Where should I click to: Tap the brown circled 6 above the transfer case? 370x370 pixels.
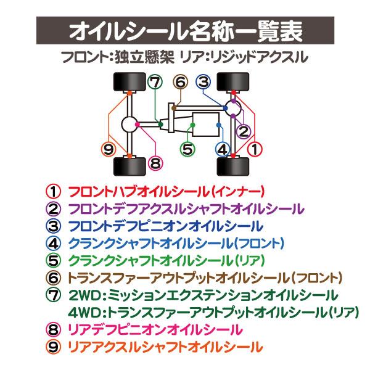(x=180, y=82)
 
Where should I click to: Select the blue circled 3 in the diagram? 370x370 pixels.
(x=204, y=82)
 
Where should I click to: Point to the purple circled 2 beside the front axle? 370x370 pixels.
(x=244, y=131)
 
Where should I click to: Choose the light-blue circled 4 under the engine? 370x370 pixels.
(x=223, y=149)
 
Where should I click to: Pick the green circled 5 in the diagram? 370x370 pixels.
(x=187, y=149)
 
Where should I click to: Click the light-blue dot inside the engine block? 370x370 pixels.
(x=220, y=125)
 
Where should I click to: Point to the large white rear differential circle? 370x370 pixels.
(x=129, y=124)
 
